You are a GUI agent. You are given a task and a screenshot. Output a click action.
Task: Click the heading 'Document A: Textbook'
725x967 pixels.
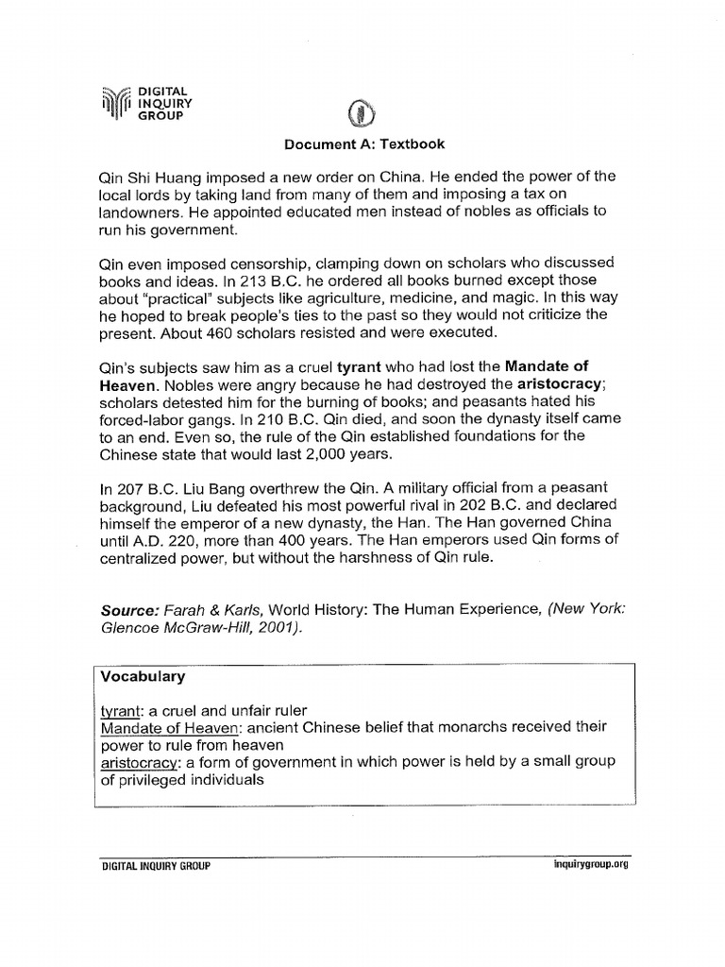[x=364, y=144]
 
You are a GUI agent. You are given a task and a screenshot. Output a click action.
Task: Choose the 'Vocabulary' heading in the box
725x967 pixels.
[x=143, y=677]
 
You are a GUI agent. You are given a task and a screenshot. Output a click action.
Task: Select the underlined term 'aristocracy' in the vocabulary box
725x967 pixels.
[x=141, y=763]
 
